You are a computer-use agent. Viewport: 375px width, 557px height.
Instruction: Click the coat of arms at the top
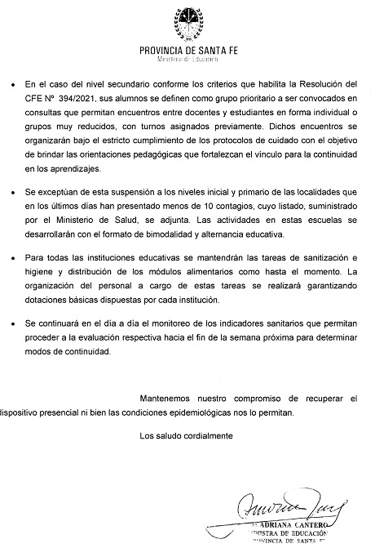[188, 23]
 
